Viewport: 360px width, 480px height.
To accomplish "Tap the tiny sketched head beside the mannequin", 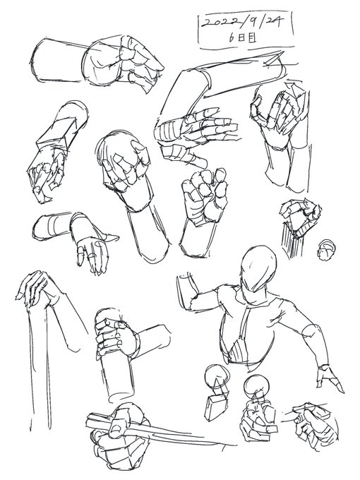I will [326, 248].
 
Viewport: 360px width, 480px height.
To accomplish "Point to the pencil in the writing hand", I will [311, 409].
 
